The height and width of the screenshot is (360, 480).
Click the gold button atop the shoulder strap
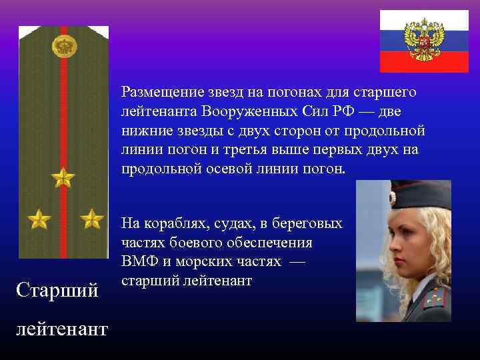click(63, 47)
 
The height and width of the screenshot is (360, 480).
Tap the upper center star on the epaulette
click(63, 177)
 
